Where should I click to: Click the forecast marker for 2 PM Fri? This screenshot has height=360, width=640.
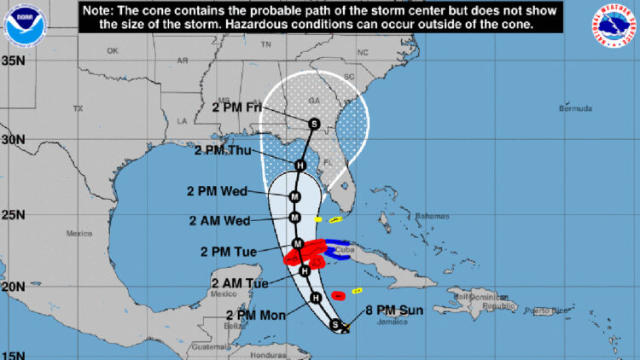[314, 124]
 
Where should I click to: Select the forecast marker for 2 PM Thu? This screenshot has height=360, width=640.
[300, 165]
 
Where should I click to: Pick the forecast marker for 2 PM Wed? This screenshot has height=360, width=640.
[294, 196]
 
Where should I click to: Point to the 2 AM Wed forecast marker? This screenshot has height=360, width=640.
[294, 217]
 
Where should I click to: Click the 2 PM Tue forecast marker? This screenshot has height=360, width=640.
[298, 244]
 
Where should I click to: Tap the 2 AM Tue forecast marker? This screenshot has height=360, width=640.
[304, 270]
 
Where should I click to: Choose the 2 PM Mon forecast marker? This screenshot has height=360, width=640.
[315, 297]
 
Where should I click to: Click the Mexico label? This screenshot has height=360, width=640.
[79, 233]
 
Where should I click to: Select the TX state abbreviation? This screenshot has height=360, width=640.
[78, 108]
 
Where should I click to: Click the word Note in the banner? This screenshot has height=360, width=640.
[99, 10]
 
